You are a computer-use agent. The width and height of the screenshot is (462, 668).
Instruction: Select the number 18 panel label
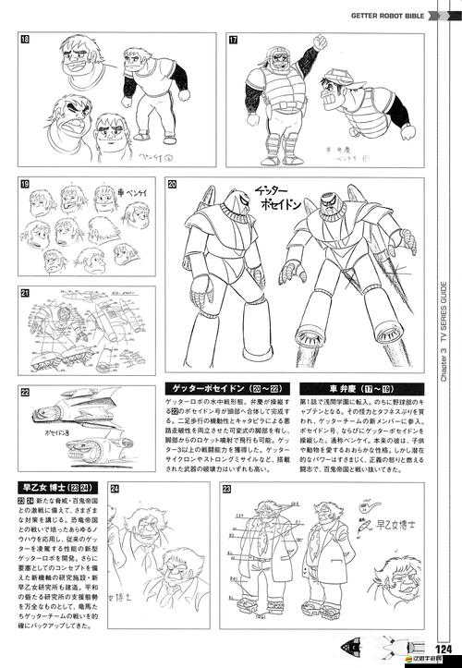[x=24, y=40]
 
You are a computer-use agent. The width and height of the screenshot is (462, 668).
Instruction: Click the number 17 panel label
[x=234, y=40]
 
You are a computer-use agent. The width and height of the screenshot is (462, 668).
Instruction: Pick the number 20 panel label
[x=173, y=185]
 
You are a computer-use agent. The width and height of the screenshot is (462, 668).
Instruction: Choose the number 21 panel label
[x=24, y=293]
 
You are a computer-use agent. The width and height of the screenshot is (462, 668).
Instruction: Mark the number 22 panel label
[x=24, y=391]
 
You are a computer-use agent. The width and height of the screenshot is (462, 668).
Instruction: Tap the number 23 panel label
[x=227, y=489]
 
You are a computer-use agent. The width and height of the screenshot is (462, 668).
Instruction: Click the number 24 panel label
[x=115, y=489]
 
